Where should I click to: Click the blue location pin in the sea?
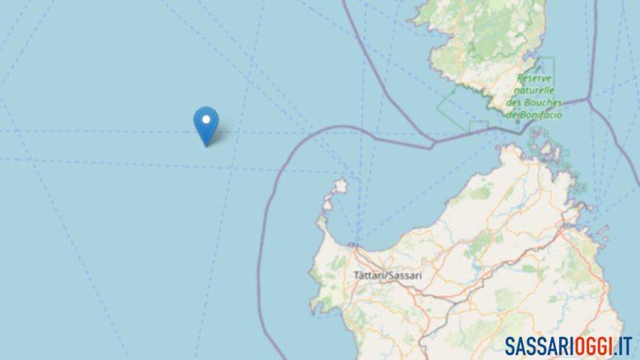point(206,125)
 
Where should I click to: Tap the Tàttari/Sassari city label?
point(386,275)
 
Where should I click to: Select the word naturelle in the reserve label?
point(535,89)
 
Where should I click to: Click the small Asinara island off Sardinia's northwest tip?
point(336,192)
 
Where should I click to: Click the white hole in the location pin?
point(206,122)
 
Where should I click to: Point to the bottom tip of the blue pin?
point(206,146)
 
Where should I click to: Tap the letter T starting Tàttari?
point(355,275)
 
